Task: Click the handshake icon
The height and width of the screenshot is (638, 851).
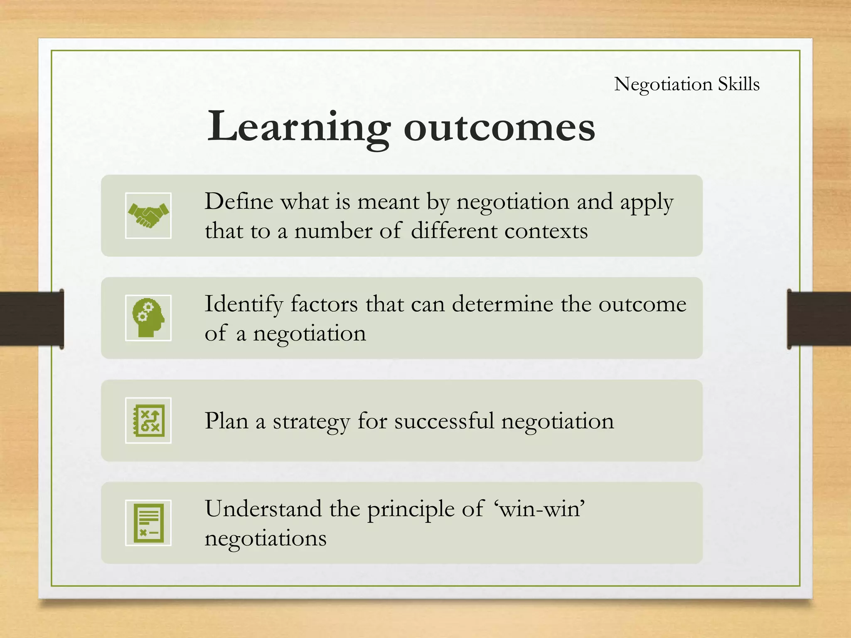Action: (148, 216)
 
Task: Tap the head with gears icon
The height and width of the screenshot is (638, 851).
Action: (148, 318)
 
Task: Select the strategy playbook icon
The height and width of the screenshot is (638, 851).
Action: (148, 420)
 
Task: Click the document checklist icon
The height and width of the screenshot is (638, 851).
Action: (148, 523)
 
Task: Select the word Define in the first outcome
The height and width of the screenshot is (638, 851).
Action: (239, 202)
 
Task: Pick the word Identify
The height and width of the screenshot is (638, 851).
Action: (243, 304)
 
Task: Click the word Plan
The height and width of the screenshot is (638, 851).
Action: (226, 421)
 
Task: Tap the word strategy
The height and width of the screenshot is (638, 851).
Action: (311, 422)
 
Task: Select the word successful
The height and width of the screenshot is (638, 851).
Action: (444, 421)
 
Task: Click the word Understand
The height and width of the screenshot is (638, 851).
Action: (263, 508)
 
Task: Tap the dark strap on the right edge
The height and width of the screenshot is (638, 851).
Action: (819, 319)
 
